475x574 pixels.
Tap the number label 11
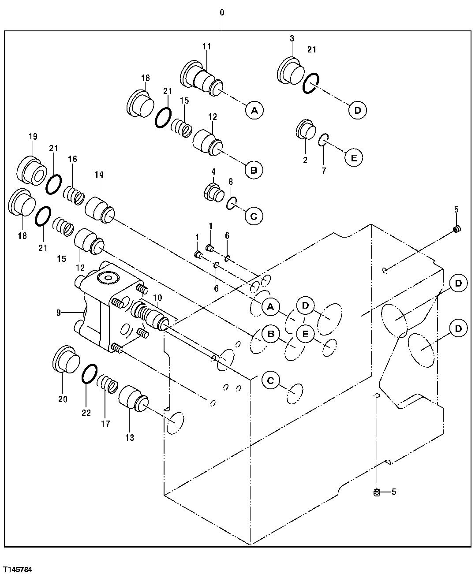tap(207, 46)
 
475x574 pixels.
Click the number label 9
tap(58, 313)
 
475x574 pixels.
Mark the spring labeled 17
tap(108, 382)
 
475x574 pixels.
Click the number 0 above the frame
tap(222, 13)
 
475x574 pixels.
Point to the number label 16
tap(73, 159)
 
